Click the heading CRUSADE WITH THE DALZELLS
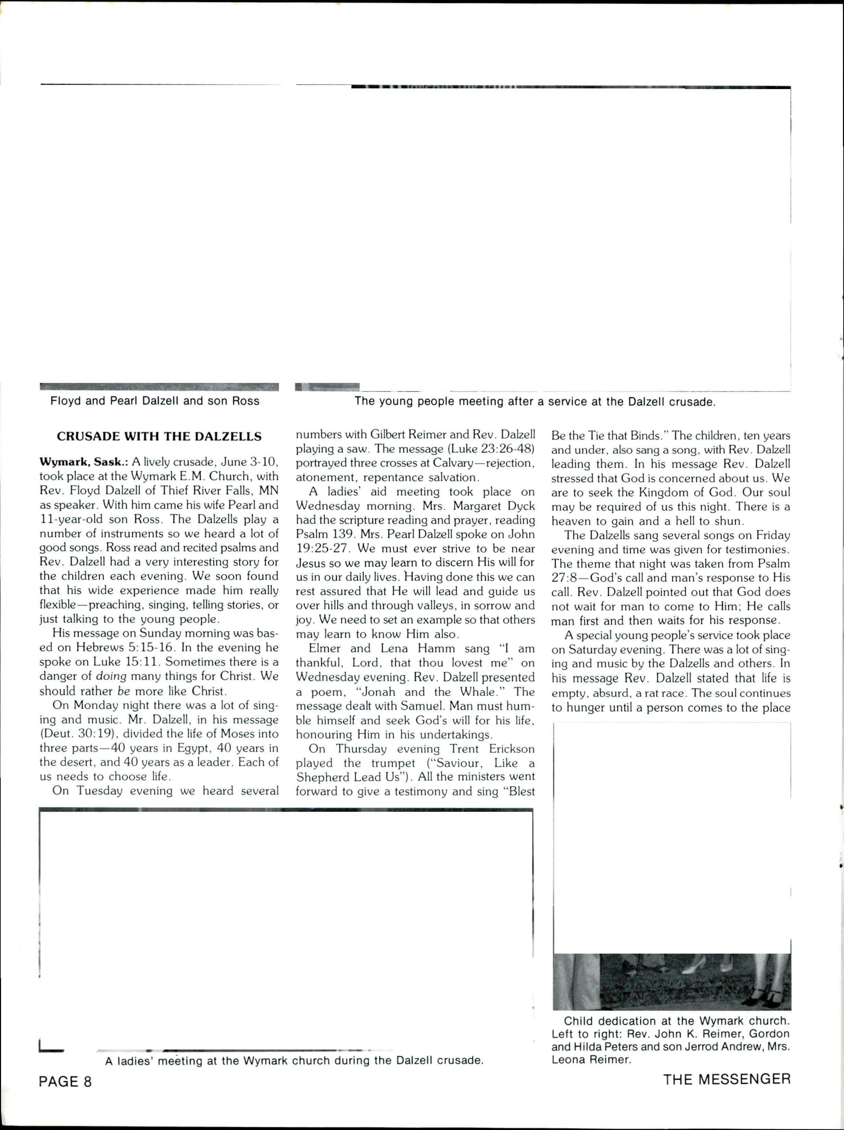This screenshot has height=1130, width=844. pyautogui.click(x=159, y=437)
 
